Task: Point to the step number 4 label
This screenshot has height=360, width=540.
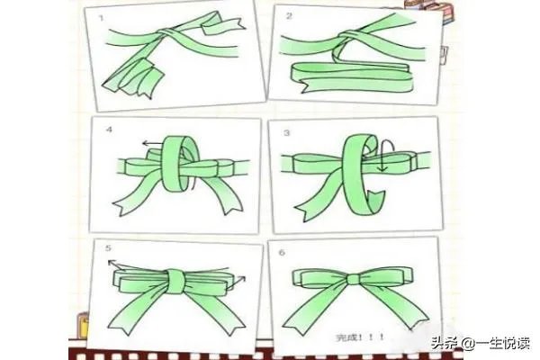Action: pos(110,130)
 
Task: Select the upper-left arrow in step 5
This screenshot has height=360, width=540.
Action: pos(118,263)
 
